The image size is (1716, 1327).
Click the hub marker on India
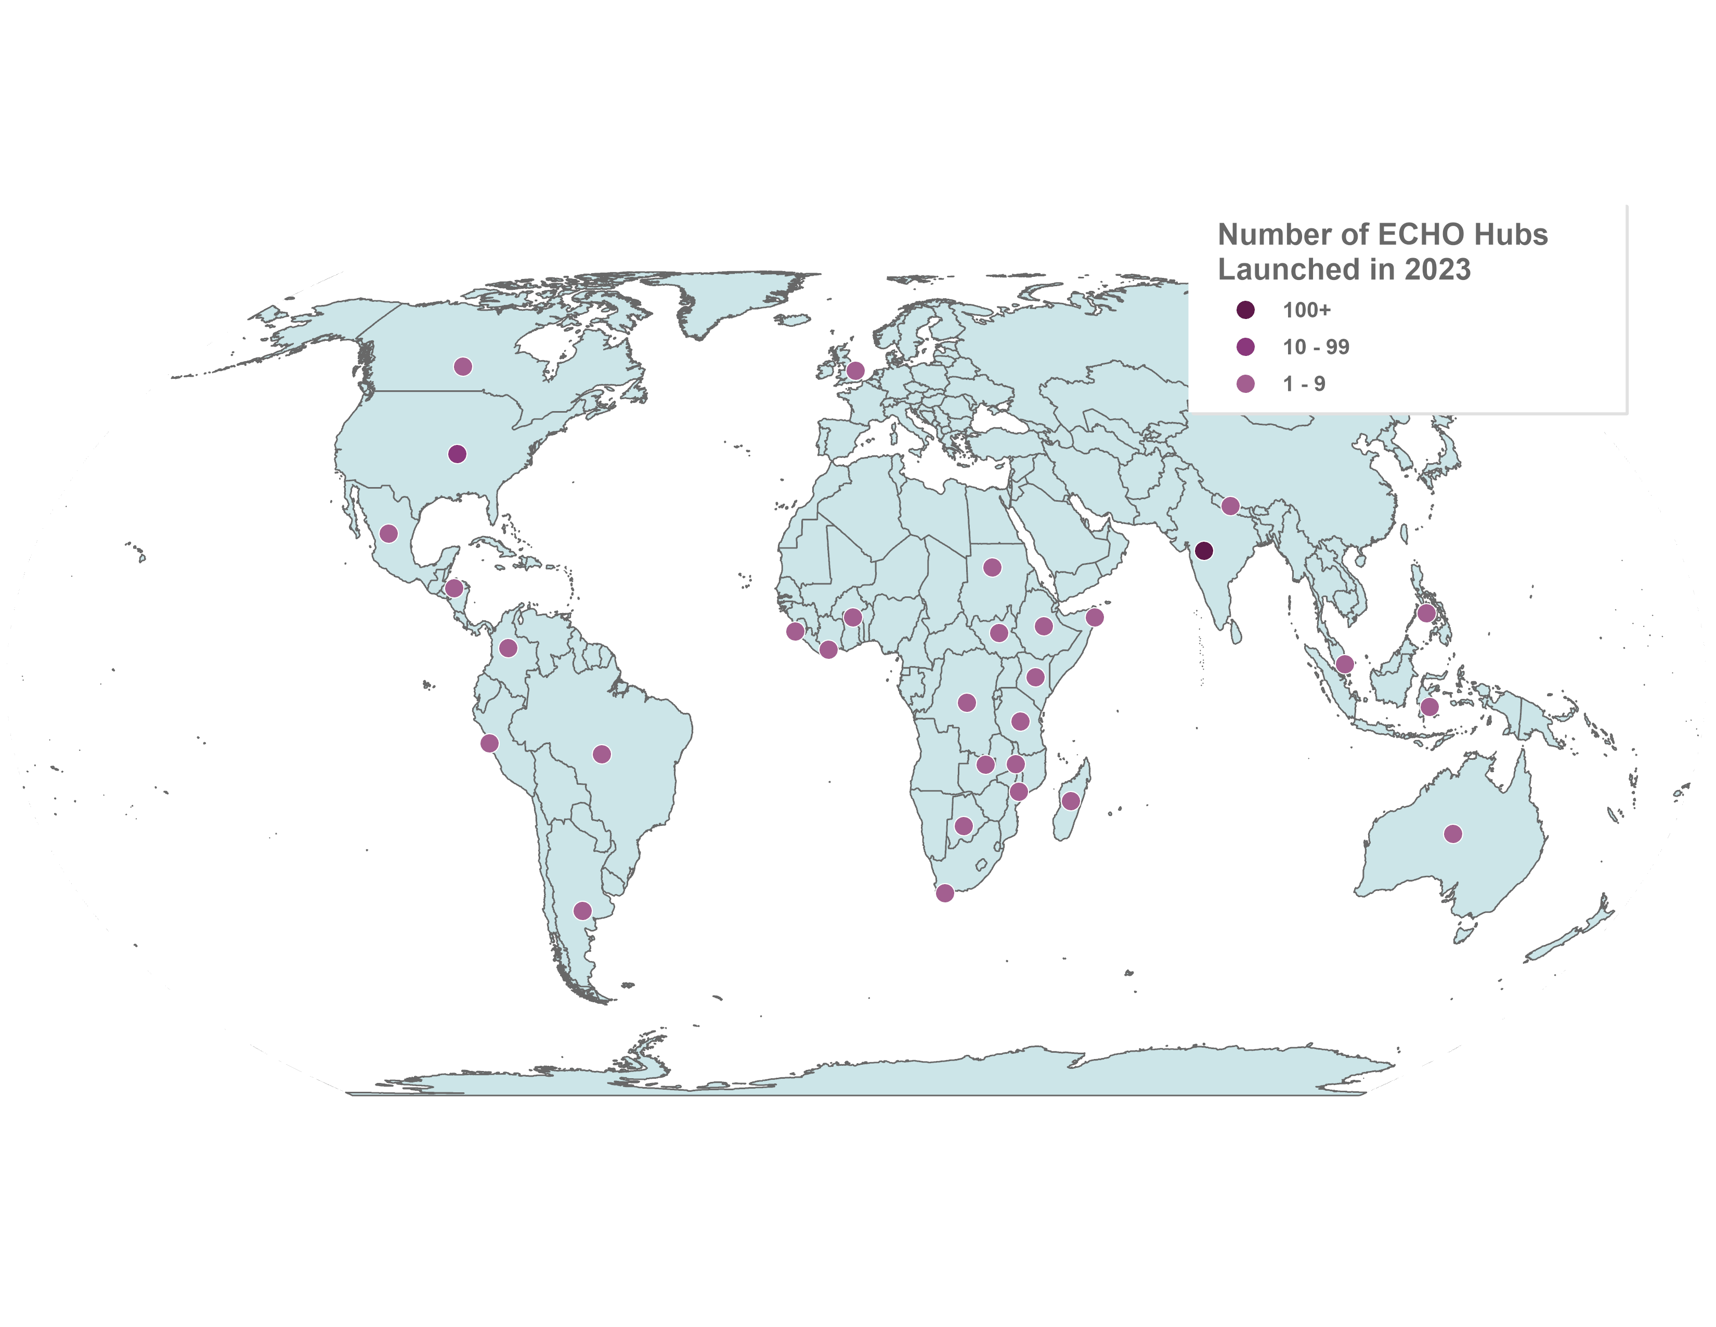coord(1203,551)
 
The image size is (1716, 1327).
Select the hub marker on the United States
coord(457,454)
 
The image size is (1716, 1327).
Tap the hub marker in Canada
coord(463,366)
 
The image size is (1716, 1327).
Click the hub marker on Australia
coord(1453,834)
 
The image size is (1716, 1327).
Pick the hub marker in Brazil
coord(602,755)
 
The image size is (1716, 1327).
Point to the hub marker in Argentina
coord(582,910)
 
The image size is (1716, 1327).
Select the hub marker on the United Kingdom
coord(855,371)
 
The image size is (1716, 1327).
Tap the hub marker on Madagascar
coord(1070,801)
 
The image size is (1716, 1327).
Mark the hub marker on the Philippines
coord(1427,613)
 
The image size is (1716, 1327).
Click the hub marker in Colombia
coord(509,648)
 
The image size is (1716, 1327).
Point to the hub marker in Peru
coord(489,743)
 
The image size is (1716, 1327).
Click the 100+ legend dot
coord(1245,310)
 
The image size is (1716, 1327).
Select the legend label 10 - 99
coord(1316,347)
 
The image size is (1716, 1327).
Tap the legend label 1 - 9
coord(1304,384)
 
